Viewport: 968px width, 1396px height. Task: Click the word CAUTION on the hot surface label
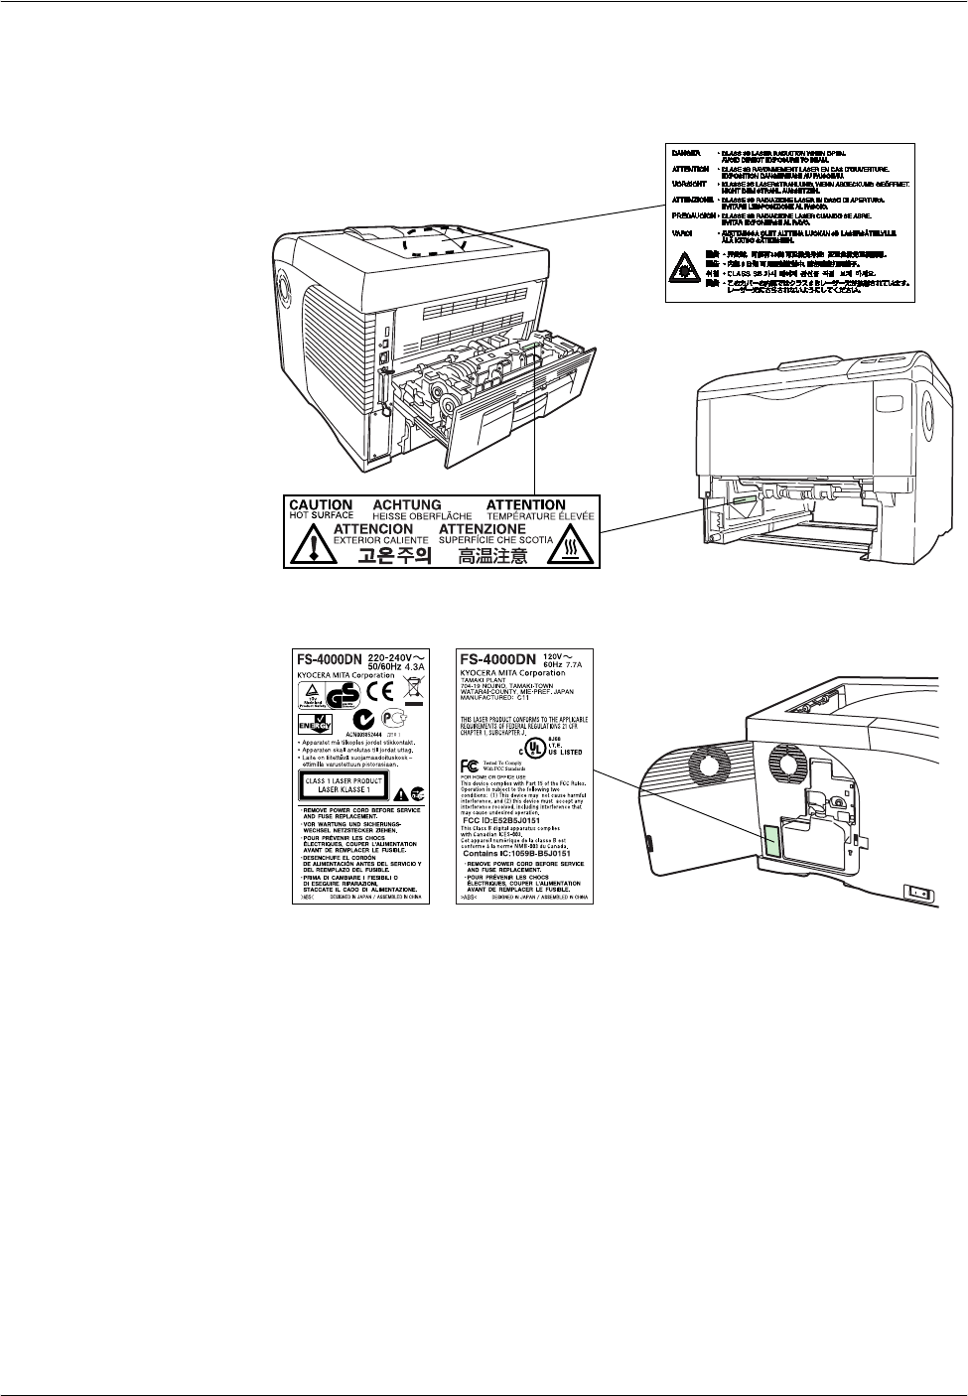pos(321,505)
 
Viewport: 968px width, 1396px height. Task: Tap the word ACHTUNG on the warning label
pos(406,505)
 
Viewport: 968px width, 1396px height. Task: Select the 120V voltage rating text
pos(565,656)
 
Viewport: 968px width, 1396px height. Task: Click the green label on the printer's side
pos(770,841)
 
